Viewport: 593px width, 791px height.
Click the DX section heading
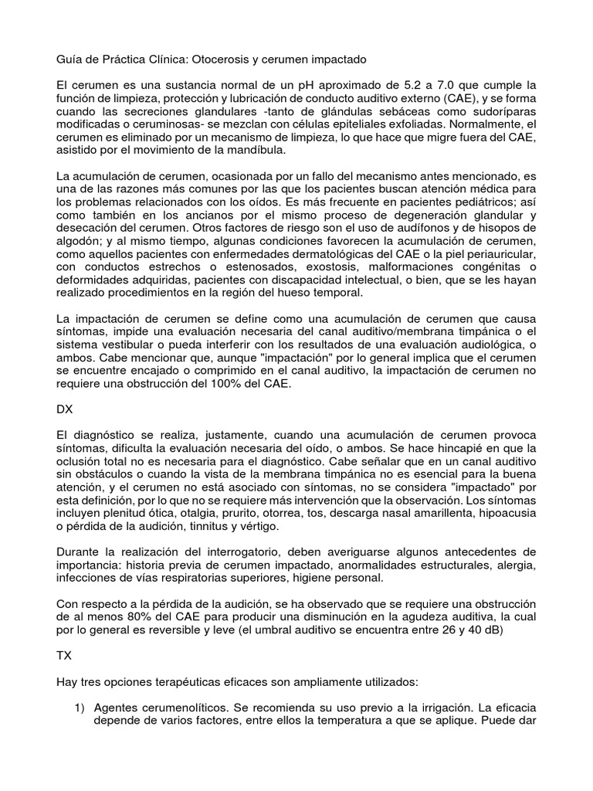click(x=67, y=410)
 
